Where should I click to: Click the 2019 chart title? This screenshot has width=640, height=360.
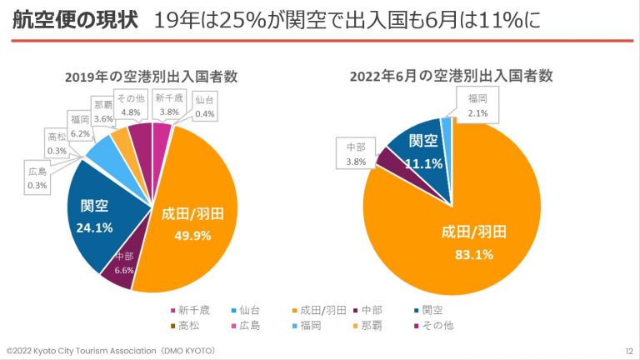[x=152, y=77]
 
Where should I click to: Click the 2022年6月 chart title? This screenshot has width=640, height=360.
[x=452, y=77]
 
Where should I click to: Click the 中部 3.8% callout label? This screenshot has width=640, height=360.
[x=356, y=156]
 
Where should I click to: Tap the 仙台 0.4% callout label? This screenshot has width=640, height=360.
[x=203, y=107]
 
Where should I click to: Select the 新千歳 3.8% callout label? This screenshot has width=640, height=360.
[x=169, y=104]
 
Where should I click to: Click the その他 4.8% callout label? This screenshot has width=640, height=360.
[x=131, y=105]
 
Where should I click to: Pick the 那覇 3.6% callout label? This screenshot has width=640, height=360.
[x=103, y=112]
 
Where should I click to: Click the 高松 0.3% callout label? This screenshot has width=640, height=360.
[x=57, y=143]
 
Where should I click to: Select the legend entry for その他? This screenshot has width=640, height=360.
[x=435, y=325]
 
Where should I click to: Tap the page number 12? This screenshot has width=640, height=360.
[x=628, y=351]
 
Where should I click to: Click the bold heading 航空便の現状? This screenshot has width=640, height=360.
[x=74, y=20]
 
